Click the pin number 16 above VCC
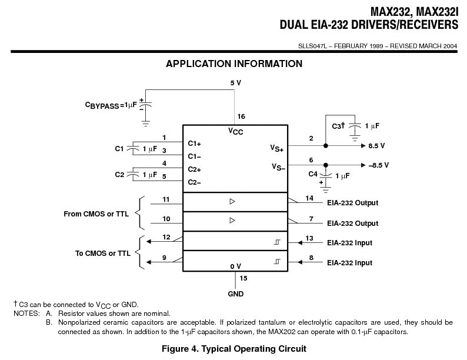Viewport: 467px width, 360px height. coord(241,116)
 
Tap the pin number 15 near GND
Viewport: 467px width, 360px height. coord(243,278)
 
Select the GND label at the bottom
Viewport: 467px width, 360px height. coord(236,294)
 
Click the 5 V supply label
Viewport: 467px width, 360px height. coord(235,83)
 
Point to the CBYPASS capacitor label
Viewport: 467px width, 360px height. coord(111,105)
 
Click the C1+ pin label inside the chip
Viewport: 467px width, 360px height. coord(195,144)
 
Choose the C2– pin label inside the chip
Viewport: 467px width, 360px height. coord(195,182)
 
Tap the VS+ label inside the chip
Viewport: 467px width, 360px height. coord(277,149)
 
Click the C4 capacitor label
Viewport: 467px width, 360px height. coord(313,174)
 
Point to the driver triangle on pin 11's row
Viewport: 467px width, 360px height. coord(232,201)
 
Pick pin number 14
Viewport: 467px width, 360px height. coord(310,199)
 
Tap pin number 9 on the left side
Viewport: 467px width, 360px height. coord(164,257)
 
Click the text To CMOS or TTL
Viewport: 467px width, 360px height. coord(103,254)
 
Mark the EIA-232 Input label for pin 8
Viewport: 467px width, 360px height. coord(349,263)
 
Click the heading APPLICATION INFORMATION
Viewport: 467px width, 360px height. coord(234,64)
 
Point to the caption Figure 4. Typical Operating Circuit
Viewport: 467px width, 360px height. coord(234,349)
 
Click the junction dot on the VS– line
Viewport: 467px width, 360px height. coord(325,165)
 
